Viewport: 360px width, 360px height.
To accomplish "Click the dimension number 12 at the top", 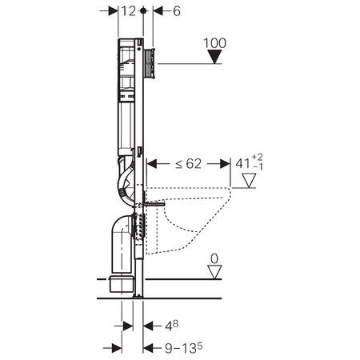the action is (x=129, y=11).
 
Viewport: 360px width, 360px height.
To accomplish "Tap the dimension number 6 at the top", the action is (x=177, y=11).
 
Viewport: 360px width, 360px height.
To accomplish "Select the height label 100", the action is (x=214, y=43).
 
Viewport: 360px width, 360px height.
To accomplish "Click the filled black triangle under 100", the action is (x=214, y=57).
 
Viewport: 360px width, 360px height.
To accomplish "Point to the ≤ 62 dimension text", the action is (x=188, y=164).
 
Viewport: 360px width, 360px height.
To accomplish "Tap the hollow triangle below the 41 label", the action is (x=249, y=181).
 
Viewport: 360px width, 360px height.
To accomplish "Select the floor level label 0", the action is (x=214, y=258).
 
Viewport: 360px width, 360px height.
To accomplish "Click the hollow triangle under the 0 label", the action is (x=214, y=272).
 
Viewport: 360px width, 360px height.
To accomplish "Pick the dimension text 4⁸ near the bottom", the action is (x=171, y=326).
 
